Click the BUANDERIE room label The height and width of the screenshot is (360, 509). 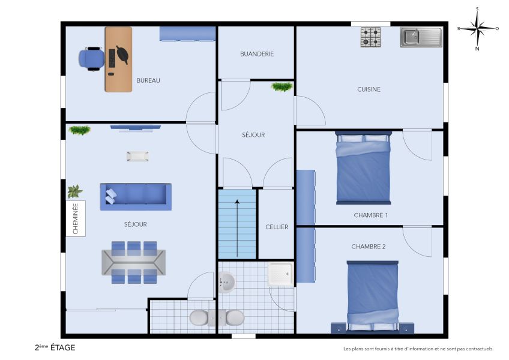256,54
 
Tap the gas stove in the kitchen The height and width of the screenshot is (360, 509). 370,37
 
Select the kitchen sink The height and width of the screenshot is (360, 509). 421,37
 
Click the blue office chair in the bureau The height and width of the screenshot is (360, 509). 91,59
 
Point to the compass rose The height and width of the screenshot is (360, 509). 477,28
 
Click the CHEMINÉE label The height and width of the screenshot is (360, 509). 76,219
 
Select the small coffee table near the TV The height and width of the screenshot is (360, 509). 137,156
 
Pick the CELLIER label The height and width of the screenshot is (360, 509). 277,227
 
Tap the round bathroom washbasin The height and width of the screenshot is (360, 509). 227,282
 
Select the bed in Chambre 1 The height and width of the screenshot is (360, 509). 363,169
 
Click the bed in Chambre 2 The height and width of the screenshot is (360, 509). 372,296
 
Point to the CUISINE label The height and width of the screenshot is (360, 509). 369,89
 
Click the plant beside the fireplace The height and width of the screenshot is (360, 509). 74,192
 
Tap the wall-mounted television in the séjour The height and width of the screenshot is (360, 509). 136,128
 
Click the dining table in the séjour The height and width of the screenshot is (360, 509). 133,262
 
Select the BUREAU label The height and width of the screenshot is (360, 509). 148,80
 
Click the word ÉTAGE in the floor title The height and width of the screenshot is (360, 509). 62,347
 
